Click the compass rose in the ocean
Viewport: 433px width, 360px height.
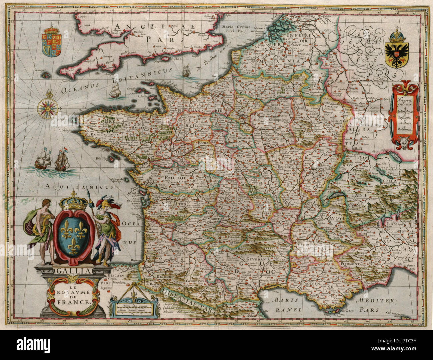coord(48,107)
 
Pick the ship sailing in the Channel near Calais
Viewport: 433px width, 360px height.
coord(185,70)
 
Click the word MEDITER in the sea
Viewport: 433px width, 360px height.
coord(375,300)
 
